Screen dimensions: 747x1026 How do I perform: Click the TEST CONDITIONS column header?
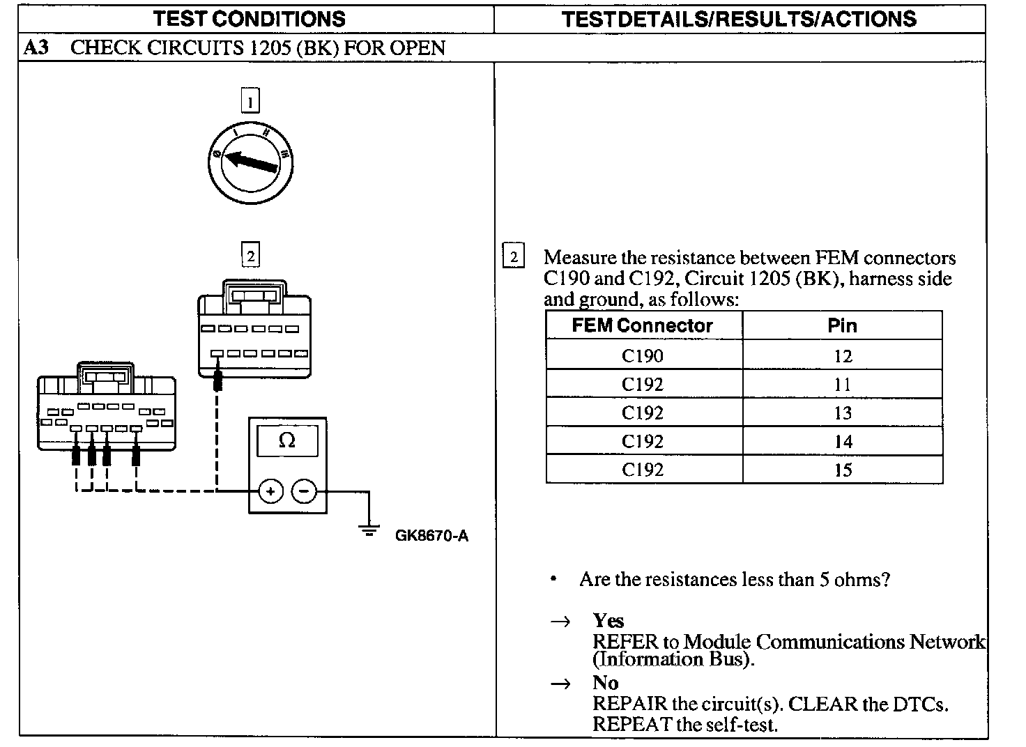point(249,19)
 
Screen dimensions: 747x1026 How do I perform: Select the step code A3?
point(36,48)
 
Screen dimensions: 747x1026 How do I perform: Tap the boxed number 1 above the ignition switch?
point(250,101)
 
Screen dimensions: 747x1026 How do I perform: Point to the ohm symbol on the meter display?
point(286,440)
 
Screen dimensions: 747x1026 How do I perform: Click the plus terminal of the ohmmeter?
point(270,491)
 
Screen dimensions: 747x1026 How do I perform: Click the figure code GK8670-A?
point(431,536)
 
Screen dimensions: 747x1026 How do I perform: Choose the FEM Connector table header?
point(643,325)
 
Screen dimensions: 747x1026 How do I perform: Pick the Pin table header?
point(842,325)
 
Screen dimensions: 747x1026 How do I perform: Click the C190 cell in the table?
point(643,356)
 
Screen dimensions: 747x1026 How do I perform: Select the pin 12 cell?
point(843,356)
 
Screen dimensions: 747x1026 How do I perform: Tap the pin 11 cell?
point(843,385)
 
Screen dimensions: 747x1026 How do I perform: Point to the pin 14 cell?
point(843,442)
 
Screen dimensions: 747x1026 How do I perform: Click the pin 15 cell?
point(843,470)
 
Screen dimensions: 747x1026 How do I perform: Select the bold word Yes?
point(608,620)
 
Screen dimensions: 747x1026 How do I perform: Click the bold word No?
point(606,682)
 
